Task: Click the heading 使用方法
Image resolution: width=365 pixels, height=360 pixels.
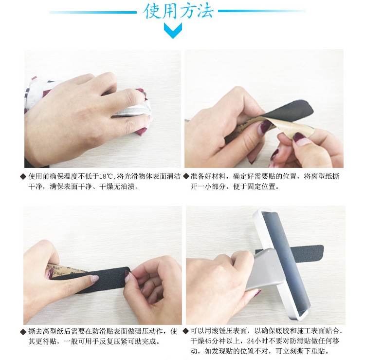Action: (x=179, y=11)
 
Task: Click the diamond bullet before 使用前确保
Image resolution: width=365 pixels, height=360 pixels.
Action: (x=22, y=176)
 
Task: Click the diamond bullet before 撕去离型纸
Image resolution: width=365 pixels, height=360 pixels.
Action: (x=22, y=332)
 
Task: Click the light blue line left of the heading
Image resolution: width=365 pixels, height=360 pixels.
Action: (x=92, y=12)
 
